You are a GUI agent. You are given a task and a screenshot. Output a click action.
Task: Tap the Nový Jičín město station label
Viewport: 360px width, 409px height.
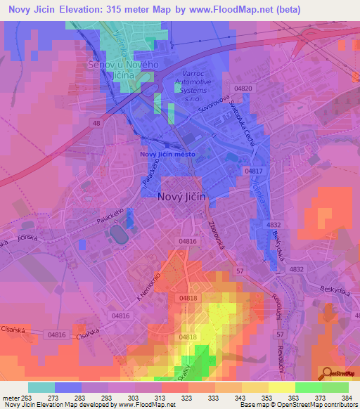(x=167, y=155)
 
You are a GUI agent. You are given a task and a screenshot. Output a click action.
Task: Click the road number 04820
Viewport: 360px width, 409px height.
(x=244, y=88)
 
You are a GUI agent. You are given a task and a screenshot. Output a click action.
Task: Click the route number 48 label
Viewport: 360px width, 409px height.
(x=96, y=123)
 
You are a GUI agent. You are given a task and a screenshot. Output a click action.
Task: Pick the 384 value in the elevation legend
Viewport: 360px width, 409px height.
(x=347, y=398)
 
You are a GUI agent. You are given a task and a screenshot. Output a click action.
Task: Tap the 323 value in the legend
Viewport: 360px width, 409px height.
(x=186, y=398)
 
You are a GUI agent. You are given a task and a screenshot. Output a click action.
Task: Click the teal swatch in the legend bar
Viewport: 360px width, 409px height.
(x=41, y=387)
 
